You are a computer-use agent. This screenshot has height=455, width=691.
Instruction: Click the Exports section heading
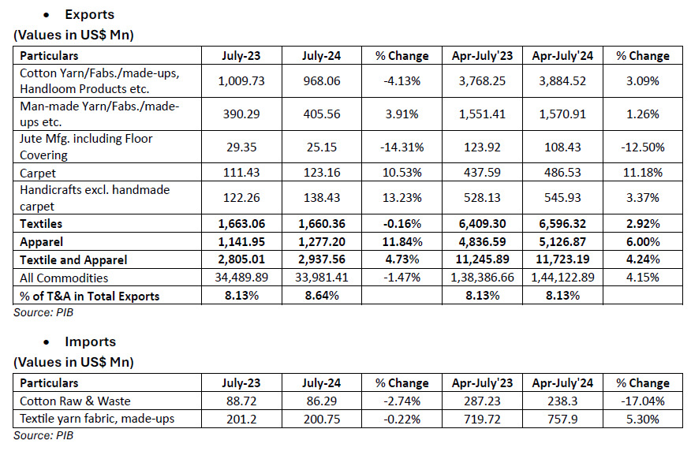click(89, 14)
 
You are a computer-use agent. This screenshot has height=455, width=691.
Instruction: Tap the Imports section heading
click(91, 341)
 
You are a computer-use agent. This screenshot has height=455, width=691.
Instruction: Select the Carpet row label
click(38, 173)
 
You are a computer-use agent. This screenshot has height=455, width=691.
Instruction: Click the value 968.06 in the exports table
click(322, 81)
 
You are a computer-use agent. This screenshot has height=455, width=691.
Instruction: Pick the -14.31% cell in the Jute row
click(402, 147)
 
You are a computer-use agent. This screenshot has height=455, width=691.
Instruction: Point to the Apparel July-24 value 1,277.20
click(322, 242)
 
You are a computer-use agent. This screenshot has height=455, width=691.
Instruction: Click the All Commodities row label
click(64, 278)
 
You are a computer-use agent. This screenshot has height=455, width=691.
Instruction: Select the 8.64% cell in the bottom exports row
click(322, 296)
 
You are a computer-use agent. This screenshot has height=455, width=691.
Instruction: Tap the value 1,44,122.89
click(562, 278)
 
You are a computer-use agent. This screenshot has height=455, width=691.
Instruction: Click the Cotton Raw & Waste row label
click(76, 401)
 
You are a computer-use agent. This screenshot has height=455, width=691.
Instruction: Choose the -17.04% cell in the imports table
click(643, 401)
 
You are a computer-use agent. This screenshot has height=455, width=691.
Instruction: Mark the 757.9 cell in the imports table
click(562, 419)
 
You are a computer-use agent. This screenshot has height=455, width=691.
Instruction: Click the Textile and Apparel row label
click(73, 260)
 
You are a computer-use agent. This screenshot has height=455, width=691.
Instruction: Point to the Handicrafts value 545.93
click(562, 198)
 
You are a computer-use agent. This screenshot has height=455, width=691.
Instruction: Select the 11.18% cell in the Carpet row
click(643, 172)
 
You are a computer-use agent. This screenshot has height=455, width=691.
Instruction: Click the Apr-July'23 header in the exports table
click(482, 56)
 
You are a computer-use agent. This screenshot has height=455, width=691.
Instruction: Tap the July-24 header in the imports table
click(321, 383)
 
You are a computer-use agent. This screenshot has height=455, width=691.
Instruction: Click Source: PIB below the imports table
click(43, 435)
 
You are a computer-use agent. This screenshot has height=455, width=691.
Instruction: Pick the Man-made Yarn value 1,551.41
click(482, 114)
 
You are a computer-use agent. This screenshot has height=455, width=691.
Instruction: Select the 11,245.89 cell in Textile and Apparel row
click(482, 259)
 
